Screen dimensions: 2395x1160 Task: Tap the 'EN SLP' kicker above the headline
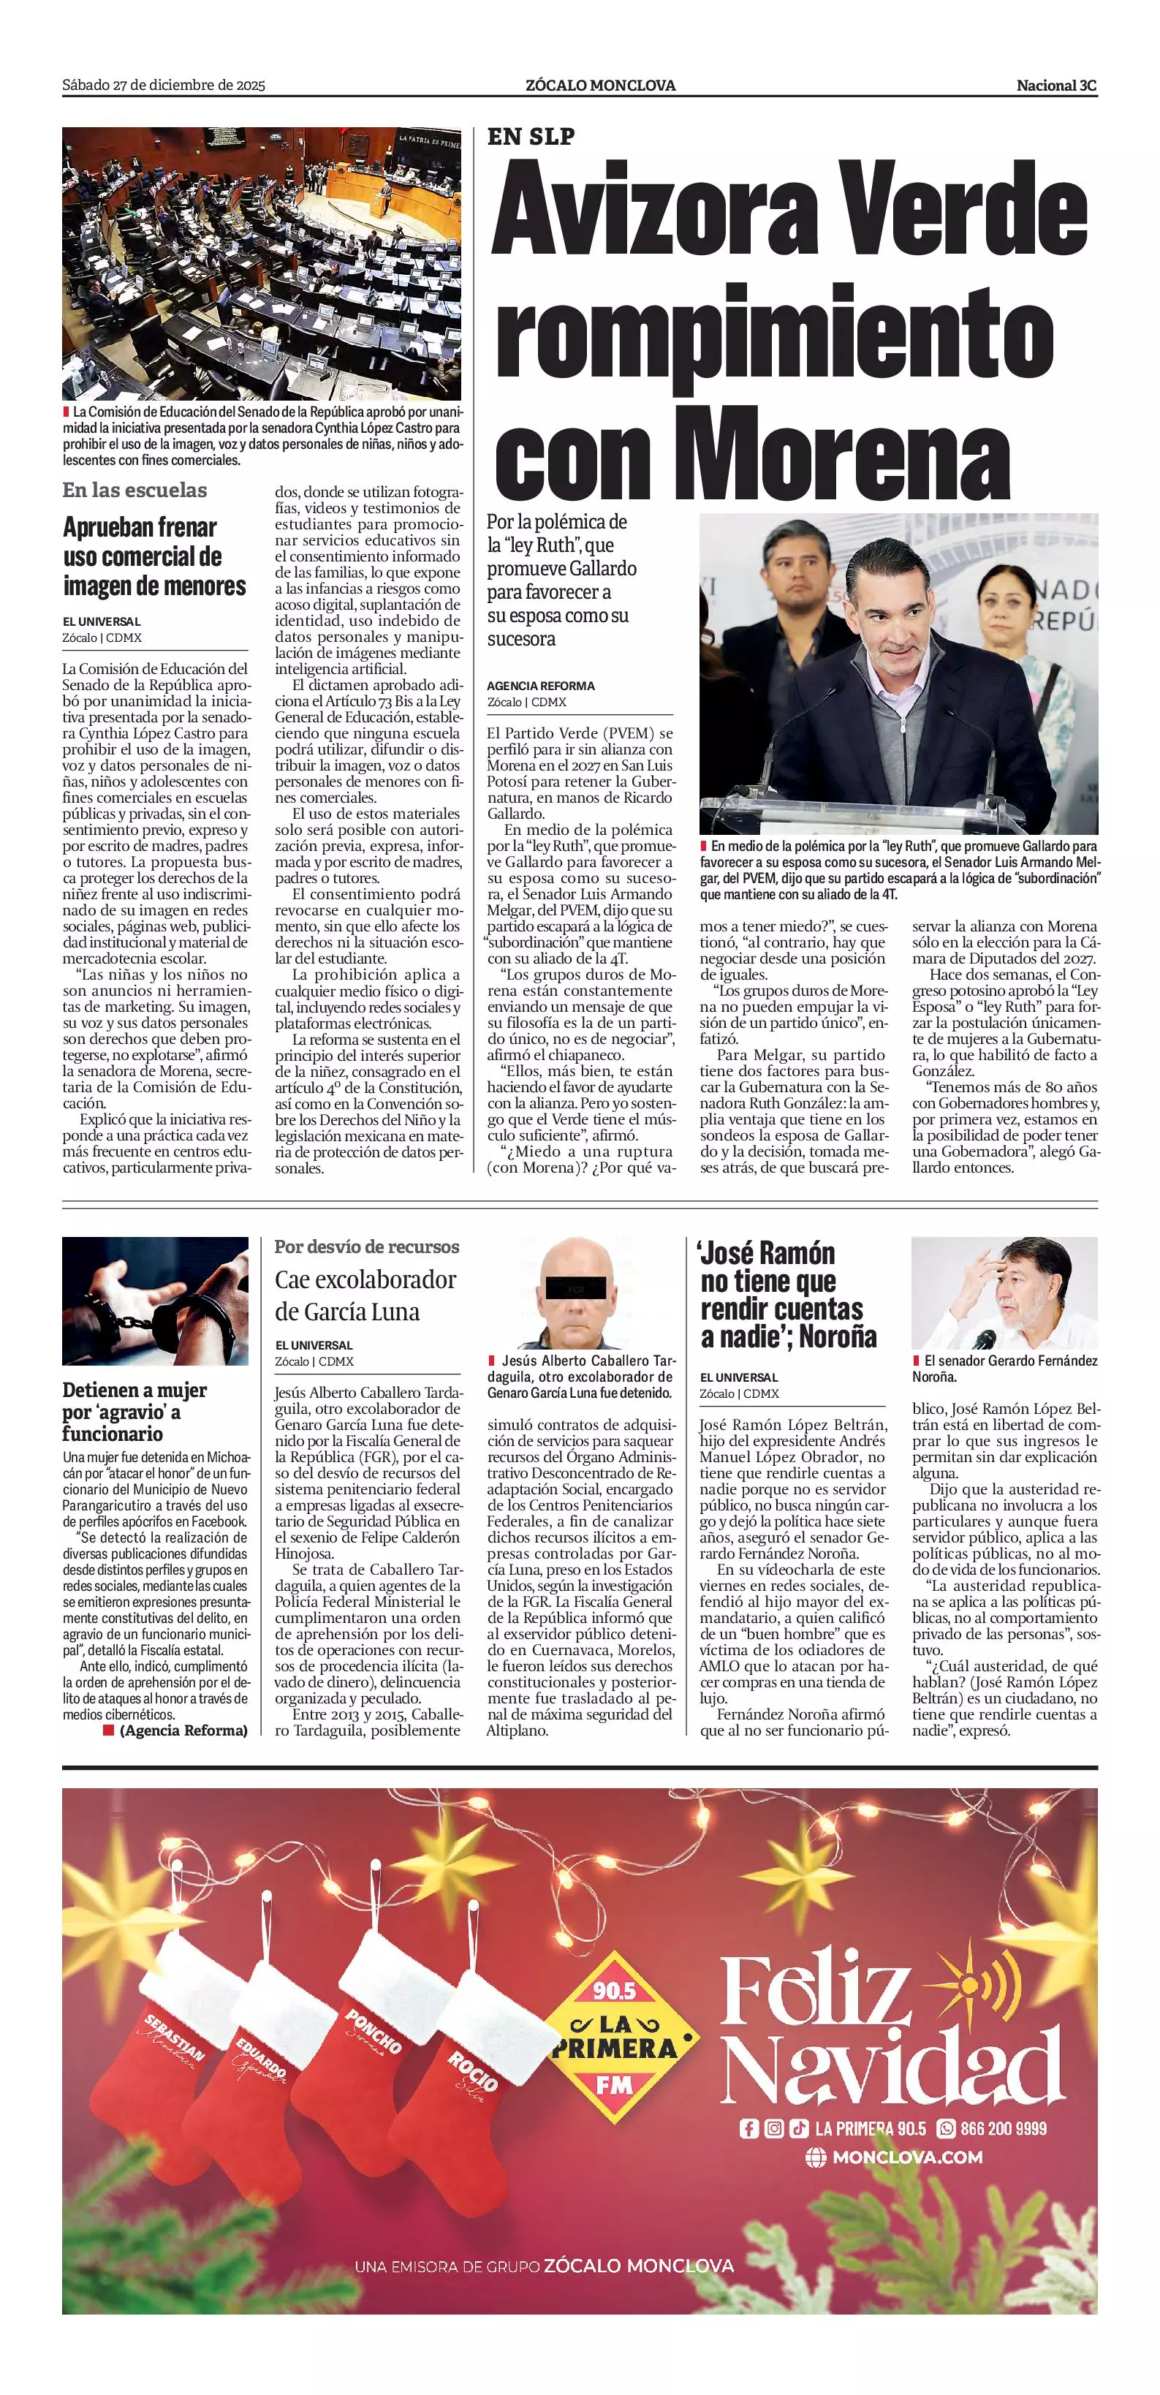point(531,137)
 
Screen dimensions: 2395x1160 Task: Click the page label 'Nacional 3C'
point(1056,86)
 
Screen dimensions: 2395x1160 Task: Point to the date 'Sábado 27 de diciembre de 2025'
point(164,86)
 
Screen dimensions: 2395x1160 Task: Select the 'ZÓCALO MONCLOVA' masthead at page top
point(600,86)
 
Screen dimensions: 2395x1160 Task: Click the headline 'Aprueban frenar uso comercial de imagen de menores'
point(154,556)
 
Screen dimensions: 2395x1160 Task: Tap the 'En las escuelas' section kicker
point(134,490)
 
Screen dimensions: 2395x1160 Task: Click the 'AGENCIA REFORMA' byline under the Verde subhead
point(541,685)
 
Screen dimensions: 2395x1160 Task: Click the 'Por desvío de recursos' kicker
point(366,1246)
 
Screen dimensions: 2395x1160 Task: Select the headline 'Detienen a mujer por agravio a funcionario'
point(134,1411)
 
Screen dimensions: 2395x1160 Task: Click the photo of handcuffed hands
point(155,1301)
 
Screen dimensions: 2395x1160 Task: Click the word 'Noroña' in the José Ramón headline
point(838,1336)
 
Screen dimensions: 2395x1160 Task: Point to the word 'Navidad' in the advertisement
point(892,2063)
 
